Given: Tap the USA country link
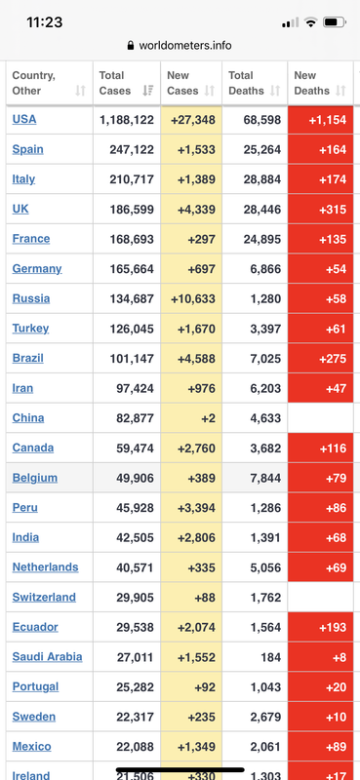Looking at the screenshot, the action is click(23, 119).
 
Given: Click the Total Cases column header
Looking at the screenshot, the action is click(115, 83).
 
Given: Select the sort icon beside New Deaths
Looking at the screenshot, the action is click(340, 91).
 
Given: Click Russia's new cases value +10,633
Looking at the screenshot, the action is click(193, 299).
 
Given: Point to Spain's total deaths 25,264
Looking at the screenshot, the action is click(261, 150).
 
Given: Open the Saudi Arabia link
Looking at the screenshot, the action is click(47, 656).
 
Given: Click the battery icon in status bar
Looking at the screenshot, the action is click(334, 22).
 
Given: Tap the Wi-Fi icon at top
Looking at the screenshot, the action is click(310, 22).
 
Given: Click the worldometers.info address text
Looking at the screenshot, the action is click(185, 46).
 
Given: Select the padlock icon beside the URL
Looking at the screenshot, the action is click(131, 46).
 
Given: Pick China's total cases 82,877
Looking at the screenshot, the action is click(135, 418).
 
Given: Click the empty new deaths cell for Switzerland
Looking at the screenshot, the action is click(320, 598).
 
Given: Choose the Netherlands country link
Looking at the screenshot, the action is click(45, 567).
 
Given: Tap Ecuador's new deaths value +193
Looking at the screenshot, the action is click(332, 627).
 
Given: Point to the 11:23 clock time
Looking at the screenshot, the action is click(44, 22).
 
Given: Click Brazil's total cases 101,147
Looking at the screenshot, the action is click(132, 359).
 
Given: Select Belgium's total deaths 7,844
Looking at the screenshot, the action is click(265, 478).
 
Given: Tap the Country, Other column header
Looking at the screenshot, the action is click(34, 83).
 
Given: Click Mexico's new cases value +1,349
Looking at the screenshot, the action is click(196, 747).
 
